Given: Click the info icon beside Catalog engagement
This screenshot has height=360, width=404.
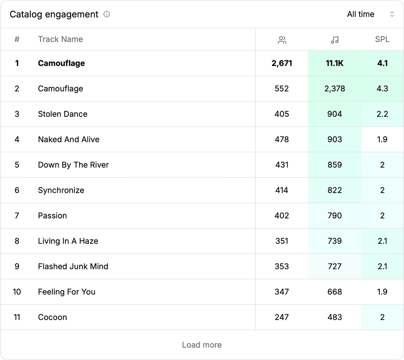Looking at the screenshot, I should pyautogui.click(x=107, y=14).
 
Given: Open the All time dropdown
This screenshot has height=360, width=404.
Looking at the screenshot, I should pyautogui.click(x=370, y=14).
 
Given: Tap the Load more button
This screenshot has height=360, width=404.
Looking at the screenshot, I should pyautogui.click(x=202, y=345).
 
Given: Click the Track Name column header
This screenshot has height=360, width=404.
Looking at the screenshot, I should pyautogui.click(x=60, y=39).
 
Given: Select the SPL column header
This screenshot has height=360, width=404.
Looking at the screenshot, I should pyautogui.click(x=382, y=39).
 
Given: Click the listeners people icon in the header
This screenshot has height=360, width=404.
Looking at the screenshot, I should pyautogui.click(x=282, y=40).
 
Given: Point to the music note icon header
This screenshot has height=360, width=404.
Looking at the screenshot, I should pyautogui.click(x=334, y=40).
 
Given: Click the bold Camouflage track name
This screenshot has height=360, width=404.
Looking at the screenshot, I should pyautogui.click(x=61, y=63).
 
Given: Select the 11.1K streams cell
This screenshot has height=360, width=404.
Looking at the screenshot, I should pyautogui.click(x=334, y=63).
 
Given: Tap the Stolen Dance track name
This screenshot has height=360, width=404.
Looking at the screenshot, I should pyautogui.click(x=62, y=114).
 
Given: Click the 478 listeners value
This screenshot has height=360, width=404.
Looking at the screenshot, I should pyautogui.click(x=282, y=140).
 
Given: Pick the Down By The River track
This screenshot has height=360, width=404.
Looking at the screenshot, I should pyautogui.click(x=73, y=165).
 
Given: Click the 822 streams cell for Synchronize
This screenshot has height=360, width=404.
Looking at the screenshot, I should pyautogui.click(x=334, y=190).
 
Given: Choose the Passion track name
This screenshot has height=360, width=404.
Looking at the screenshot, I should pyautogui.click(x=52, y=216).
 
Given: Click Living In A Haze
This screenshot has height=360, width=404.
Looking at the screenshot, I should pyautogui.click(x=68, y=241).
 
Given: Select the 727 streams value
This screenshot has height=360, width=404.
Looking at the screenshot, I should pyautogui.click(x=334, y=266).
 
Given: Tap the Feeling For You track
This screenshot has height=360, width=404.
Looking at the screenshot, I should pyautogui.click(x=67, y=292).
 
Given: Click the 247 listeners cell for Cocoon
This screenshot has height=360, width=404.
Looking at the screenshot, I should pyautogui.click(x=282, y=317).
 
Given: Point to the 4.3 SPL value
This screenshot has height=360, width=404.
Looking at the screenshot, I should pyautogui.click(x=382, y=89).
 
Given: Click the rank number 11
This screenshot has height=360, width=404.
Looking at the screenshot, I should pyautogui.click(x=17, y=317).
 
